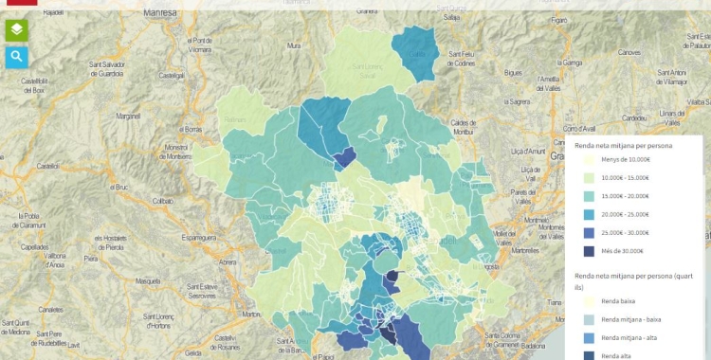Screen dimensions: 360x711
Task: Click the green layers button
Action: click(17, 29)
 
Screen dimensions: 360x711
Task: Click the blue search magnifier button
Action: click(17, 58)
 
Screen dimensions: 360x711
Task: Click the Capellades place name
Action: click(34, 246)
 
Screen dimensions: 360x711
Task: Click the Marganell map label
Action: click(128, 117)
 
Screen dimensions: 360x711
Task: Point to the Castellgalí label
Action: click(171, 74)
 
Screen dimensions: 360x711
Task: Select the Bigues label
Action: click(513, 72)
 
